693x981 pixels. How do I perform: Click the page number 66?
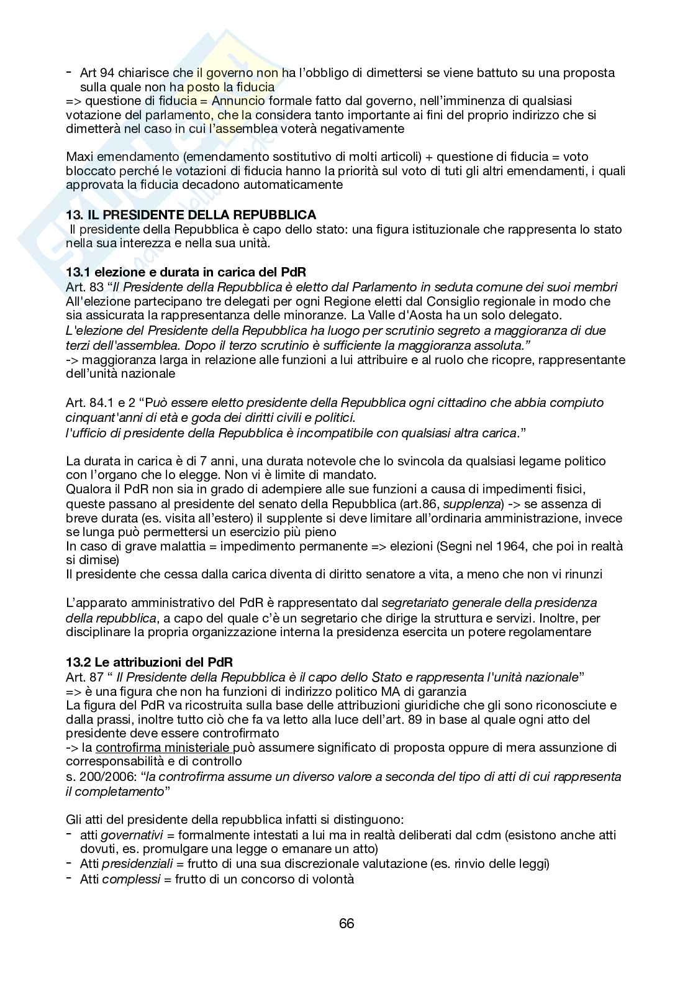click(x=346, y=923)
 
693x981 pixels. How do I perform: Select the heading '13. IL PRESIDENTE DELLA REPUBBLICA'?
click(x=191, y=215)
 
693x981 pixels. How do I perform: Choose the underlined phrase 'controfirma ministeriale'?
click(x=164, y=748)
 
